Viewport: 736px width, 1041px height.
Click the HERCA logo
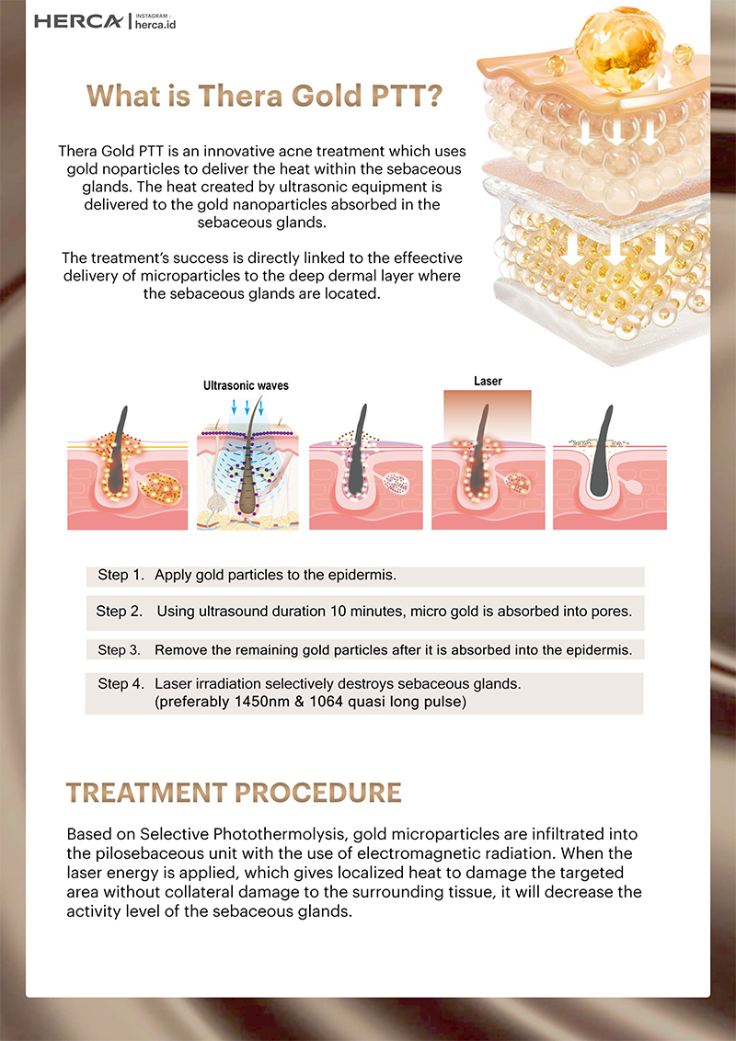click(x=78, y=22)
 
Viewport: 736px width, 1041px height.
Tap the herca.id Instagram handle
click(x=155, y=25)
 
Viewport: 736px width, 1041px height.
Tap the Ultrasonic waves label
click(x=246, y=385)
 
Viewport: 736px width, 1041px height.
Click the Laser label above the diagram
click(x=488, y=381)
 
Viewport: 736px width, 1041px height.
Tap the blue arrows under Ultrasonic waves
click(x=247, y=407)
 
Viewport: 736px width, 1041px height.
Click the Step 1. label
click(x=121, y=575)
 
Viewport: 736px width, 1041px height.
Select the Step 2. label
click(x=120, y=612)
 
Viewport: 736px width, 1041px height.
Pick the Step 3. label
click(x=120, y=650)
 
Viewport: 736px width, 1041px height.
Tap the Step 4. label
click(x=121, y=684)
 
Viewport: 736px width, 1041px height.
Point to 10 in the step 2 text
click(x=339, y=612)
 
